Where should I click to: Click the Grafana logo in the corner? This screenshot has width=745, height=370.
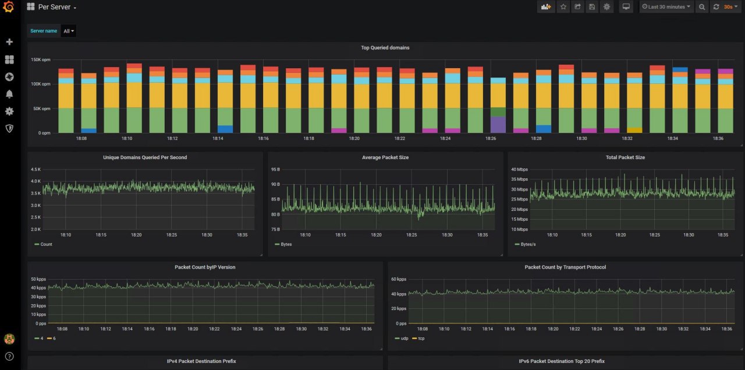click(x=9, y=7)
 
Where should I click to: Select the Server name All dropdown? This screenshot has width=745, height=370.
click(x=69, y=31)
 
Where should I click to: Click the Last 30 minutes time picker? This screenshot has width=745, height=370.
click(x=666, y=7)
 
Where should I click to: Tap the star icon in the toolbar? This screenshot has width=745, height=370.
click(x=563, y=7)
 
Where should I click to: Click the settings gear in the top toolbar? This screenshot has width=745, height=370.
click(x=606, y=7)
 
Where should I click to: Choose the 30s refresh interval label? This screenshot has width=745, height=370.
click(x=728, y=7)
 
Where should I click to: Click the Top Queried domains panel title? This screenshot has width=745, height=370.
click(x=385, y=48)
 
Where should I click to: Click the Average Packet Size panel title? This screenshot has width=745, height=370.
click(x=385, y=157)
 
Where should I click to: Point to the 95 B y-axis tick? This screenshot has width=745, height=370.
click(x=275, y=170)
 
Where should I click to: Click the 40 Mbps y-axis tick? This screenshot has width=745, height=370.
click(x=519, y=170)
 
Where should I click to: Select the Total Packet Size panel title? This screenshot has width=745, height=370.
click(x=625, y=157)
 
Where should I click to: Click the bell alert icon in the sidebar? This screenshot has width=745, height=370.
click(x=9, y=94)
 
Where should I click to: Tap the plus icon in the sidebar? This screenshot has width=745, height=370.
click(x=9, y=42)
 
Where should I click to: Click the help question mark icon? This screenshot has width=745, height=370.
click(x=9, y=356)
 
